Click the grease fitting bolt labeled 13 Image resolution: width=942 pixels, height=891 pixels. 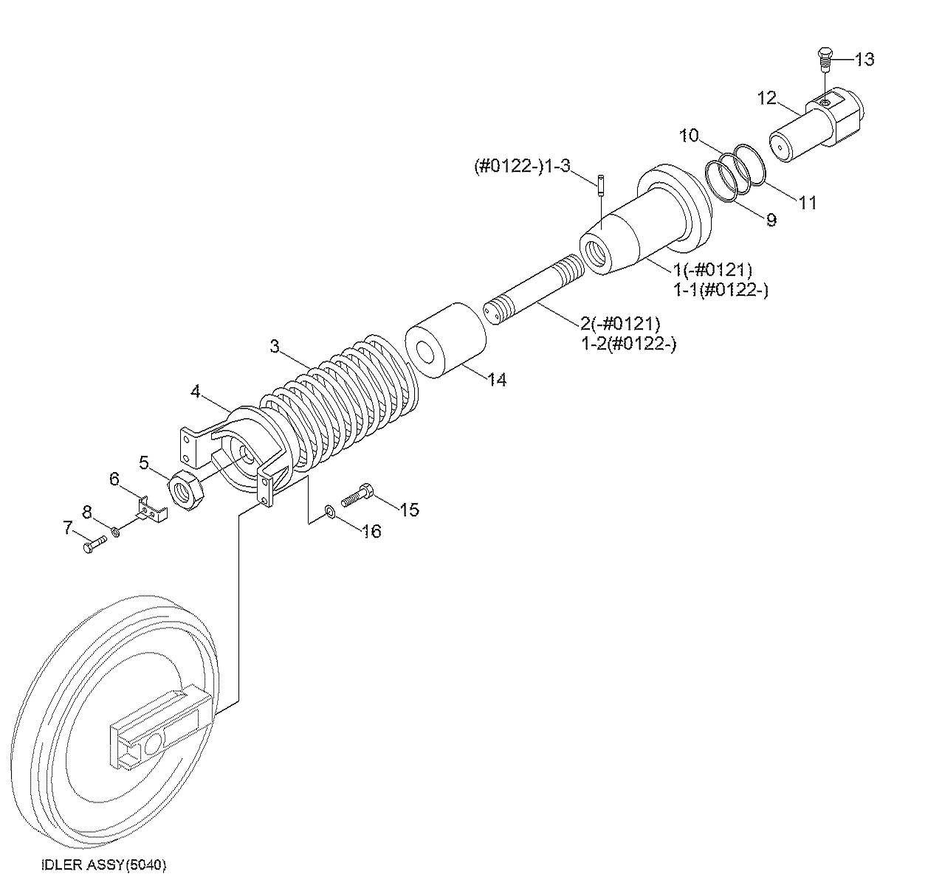pos(824,59)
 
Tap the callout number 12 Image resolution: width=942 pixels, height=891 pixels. pos(766,98)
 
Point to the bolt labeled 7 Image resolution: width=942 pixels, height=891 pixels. pos(95,545)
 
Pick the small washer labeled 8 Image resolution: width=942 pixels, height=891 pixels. pos(115,532)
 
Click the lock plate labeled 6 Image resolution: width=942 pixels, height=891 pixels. pos(151,510)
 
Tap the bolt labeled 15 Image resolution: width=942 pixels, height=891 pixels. pos(357,496)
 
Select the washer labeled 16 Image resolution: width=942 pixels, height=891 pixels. pos(330,511)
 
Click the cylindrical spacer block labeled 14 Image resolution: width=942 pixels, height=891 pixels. pos(446,341)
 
